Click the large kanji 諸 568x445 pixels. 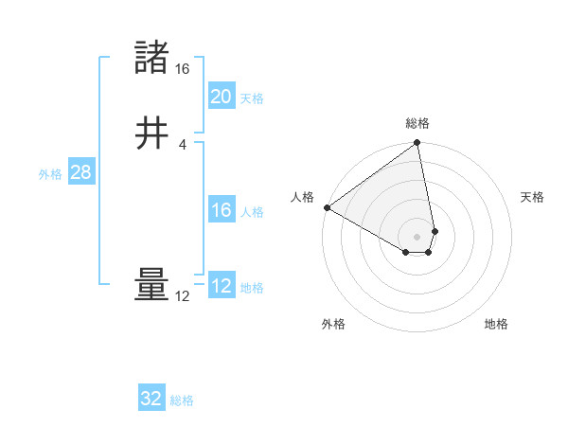tap(152, 58)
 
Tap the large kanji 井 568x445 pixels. tap(152, 133)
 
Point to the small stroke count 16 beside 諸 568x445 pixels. tap(183, 69)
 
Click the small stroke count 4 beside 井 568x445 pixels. tap(183, 144)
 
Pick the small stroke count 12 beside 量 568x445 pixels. tap(183, 296)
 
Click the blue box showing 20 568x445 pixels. tap(221, 96)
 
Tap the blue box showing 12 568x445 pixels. tap(221, 285)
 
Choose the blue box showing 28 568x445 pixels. tap(80, 172)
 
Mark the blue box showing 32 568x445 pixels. tap(151, 399)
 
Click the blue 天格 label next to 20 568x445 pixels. tap(252, 98)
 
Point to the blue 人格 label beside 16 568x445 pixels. tap(252, 212)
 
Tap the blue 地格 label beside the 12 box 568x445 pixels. tap(252, 288)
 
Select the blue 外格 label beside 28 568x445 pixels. tap(50, 174)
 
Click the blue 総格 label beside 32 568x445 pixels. tap(182, 401)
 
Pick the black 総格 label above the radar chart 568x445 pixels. tap(417, 123)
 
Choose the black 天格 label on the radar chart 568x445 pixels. tap(532, 197)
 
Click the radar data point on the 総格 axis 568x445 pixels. tap(417, 144)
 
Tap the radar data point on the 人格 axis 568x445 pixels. tap(327, 207)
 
